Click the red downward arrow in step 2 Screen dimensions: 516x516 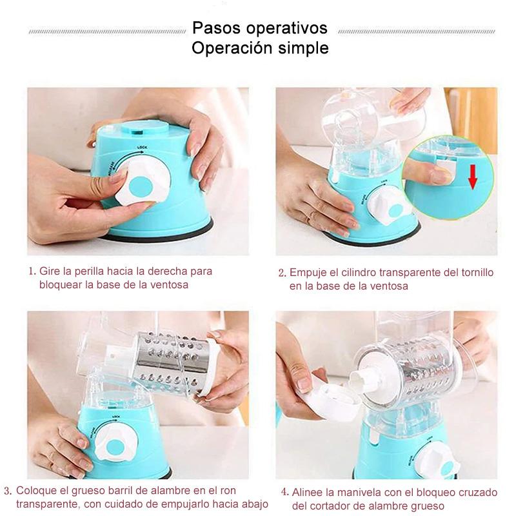click(473, 177)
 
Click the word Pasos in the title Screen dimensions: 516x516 click(217, 28)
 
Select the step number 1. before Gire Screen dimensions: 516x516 click(32, 272)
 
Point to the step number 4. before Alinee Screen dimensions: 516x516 click(285, 492)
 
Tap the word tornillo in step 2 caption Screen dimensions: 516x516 click(477, 272)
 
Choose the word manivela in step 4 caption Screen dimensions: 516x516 click(359, 493)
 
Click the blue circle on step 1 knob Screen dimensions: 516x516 click(141, 186)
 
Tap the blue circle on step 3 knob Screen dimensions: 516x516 click(115, 448)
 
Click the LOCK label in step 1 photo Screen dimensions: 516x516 click(143, 147)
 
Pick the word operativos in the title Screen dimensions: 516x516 click(287, 28)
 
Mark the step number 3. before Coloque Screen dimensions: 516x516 click(8, 491)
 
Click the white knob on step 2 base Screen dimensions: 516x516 click(390, 206)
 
